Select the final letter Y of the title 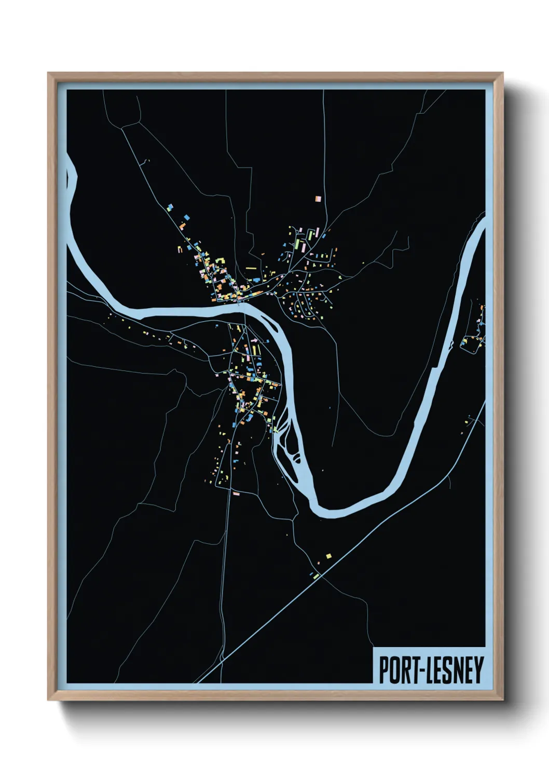(x=477, y=669)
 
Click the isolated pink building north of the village (x=318, y=198)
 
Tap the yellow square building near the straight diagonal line (x=328, y=556)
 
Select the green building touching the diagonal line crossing (x=315, y=575)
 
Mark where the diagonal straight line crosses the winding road (x=321, y=575)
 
